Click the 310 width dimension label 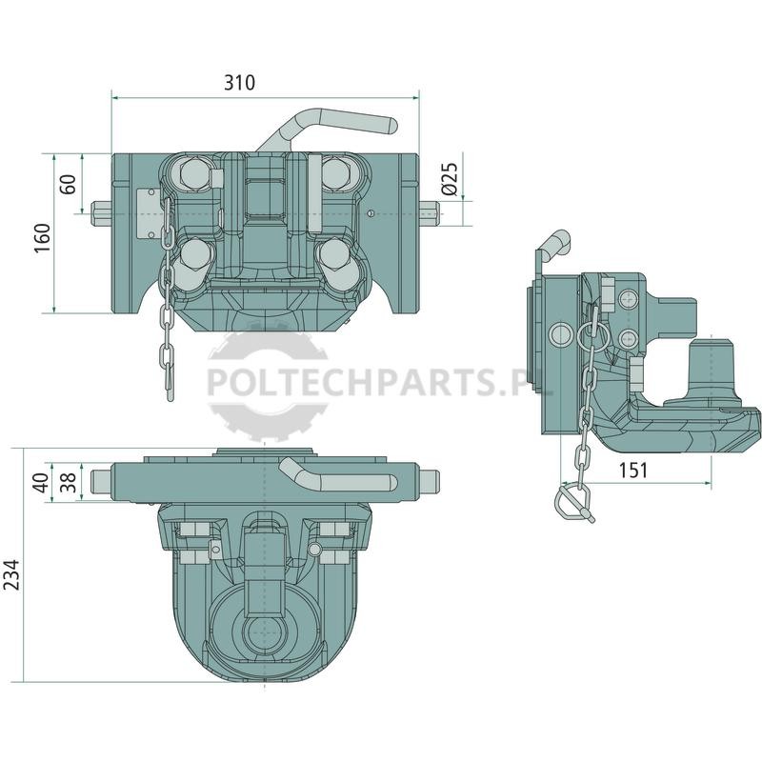coord(239,83)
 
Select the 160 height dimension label coord(43,237)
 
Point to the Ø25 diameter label coord(450,179)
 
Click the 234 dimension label coord(11,575)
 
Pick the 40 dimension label coord(42,483)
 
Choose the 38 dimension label coord(69,483)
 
